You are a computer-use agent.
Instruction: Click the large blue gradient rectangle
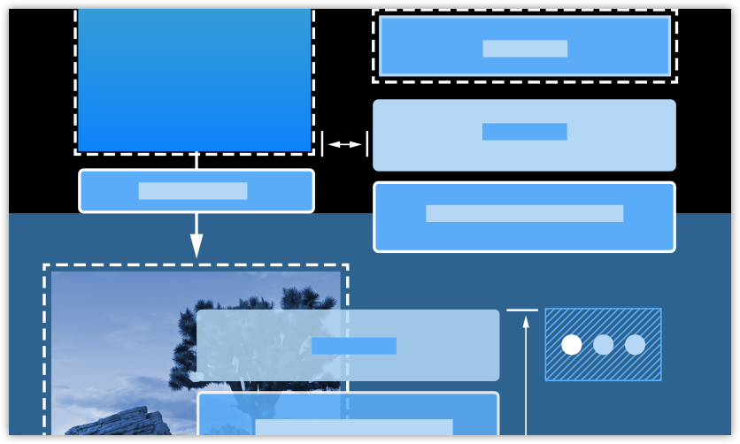[195, 80]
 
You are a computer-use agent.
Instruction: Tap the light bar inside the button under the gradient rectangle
[193, 191]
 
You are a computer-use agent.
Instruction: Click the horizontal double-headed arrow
[344, 144]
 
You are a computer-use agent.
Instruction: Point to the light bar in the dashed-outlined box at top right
[525, 49]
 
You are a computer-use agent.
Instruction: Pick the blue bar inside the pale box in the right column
[524, 132]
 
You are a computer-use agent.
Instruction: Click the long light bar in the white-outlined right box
[524, 213]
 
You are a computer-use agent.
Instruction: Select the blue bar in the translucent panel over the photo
[354, 346]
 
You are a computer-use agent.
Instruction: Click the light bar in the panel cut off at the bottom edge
[354, 427]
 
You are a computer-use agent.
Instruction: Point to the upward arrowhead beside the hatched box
[526, 322]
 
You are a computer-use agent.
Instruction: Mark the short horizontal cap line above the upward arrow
[522, 310]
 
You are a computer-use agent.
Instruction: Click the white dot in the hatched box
[572, 345]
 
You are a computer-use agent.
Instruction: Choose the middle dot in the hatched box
[604, 345]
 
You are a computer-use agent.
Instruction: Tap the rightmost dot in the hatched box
[636, 345]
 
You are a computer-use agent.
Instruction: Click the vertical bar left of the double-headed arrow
[322, 143]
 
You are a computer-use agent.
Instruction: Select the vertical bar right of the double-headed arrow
[366, 143]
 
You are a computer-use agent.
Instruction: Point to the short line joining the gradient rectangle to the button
[197, 161]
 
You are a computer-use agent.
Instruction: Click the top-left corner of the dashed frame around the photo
[45, 265]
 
